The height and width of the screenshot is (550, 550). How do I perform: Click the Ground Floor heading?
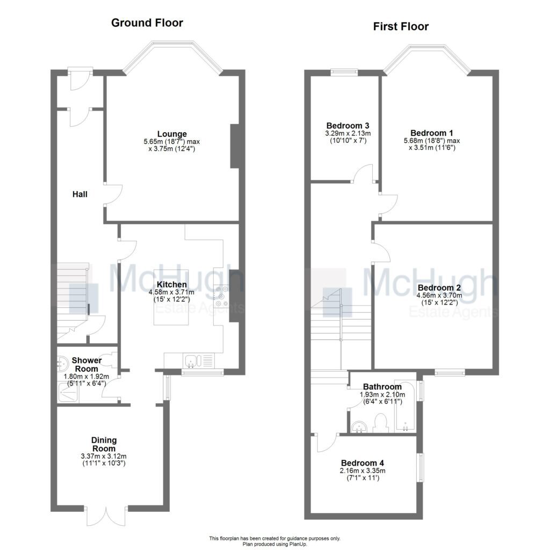pos(147,23)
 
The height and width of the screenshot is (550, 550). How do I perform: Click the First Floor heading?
pos(401,26)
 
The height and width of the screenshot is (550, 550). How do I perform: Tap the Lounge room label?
pos(172,134)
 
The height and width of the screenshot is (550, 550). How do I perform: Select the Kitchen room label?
pos(172,285)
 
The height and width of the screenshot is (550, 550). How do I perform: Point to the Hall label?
pos(80,194)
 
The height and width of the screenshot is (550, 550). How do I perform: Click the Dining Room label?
pos(104,444)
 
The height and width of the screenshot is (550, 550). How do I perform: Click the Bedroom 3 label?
pos(344,126)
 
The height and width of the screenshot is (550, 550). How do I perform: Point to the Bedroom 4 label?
pos(363,463)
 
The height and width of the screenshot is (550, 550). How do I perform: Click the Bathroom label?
pos(382,387)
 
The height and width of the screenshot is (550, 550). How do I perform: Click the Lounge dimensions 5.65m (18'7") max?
pos(171,142)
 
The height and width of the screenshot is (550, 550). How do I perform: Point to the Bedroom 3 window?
pos(344,71)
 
